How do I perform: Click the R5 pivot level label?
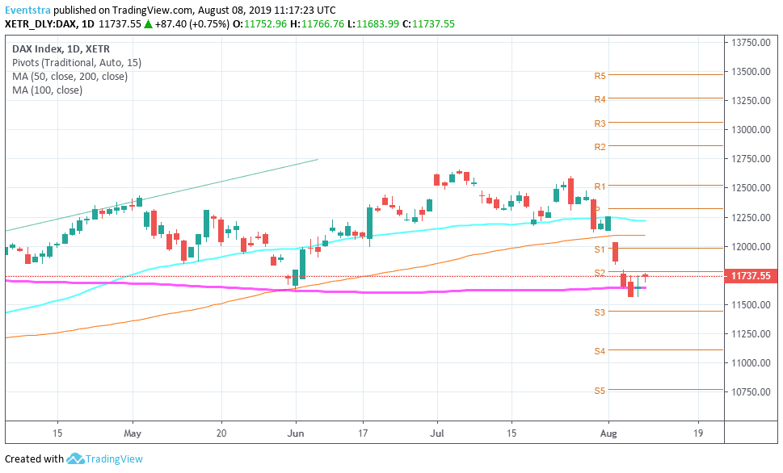(x=600, y=76)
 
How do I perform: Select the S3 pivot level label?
(x=600, y=312)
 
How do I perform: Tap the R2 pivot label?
(x=600, y=147)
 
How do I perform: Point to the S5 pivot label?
(x=600, y=391)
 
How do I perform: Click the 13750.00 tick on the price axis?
(x=751, y=42)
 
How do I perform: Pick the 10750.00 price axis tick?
(x=751, y=391)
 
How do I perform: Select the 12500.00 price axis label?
(x=751, y=188)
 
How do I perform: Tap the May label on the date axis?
(x=133, y=432)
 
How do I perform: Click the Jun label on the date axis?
(x=296, y=432)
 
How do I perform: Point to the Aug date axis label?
(x=608, y=432)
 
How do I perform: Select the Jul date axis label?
(x=437, y=432)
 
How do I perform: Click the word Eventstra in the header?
(x=27, y=10)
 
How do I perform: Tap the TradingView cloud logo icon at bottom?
(x=75, y=458)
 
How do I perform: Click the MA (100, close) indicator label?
(x=47, y=90)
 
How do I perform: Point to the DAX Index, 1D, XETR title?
(x=57, y=48)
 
